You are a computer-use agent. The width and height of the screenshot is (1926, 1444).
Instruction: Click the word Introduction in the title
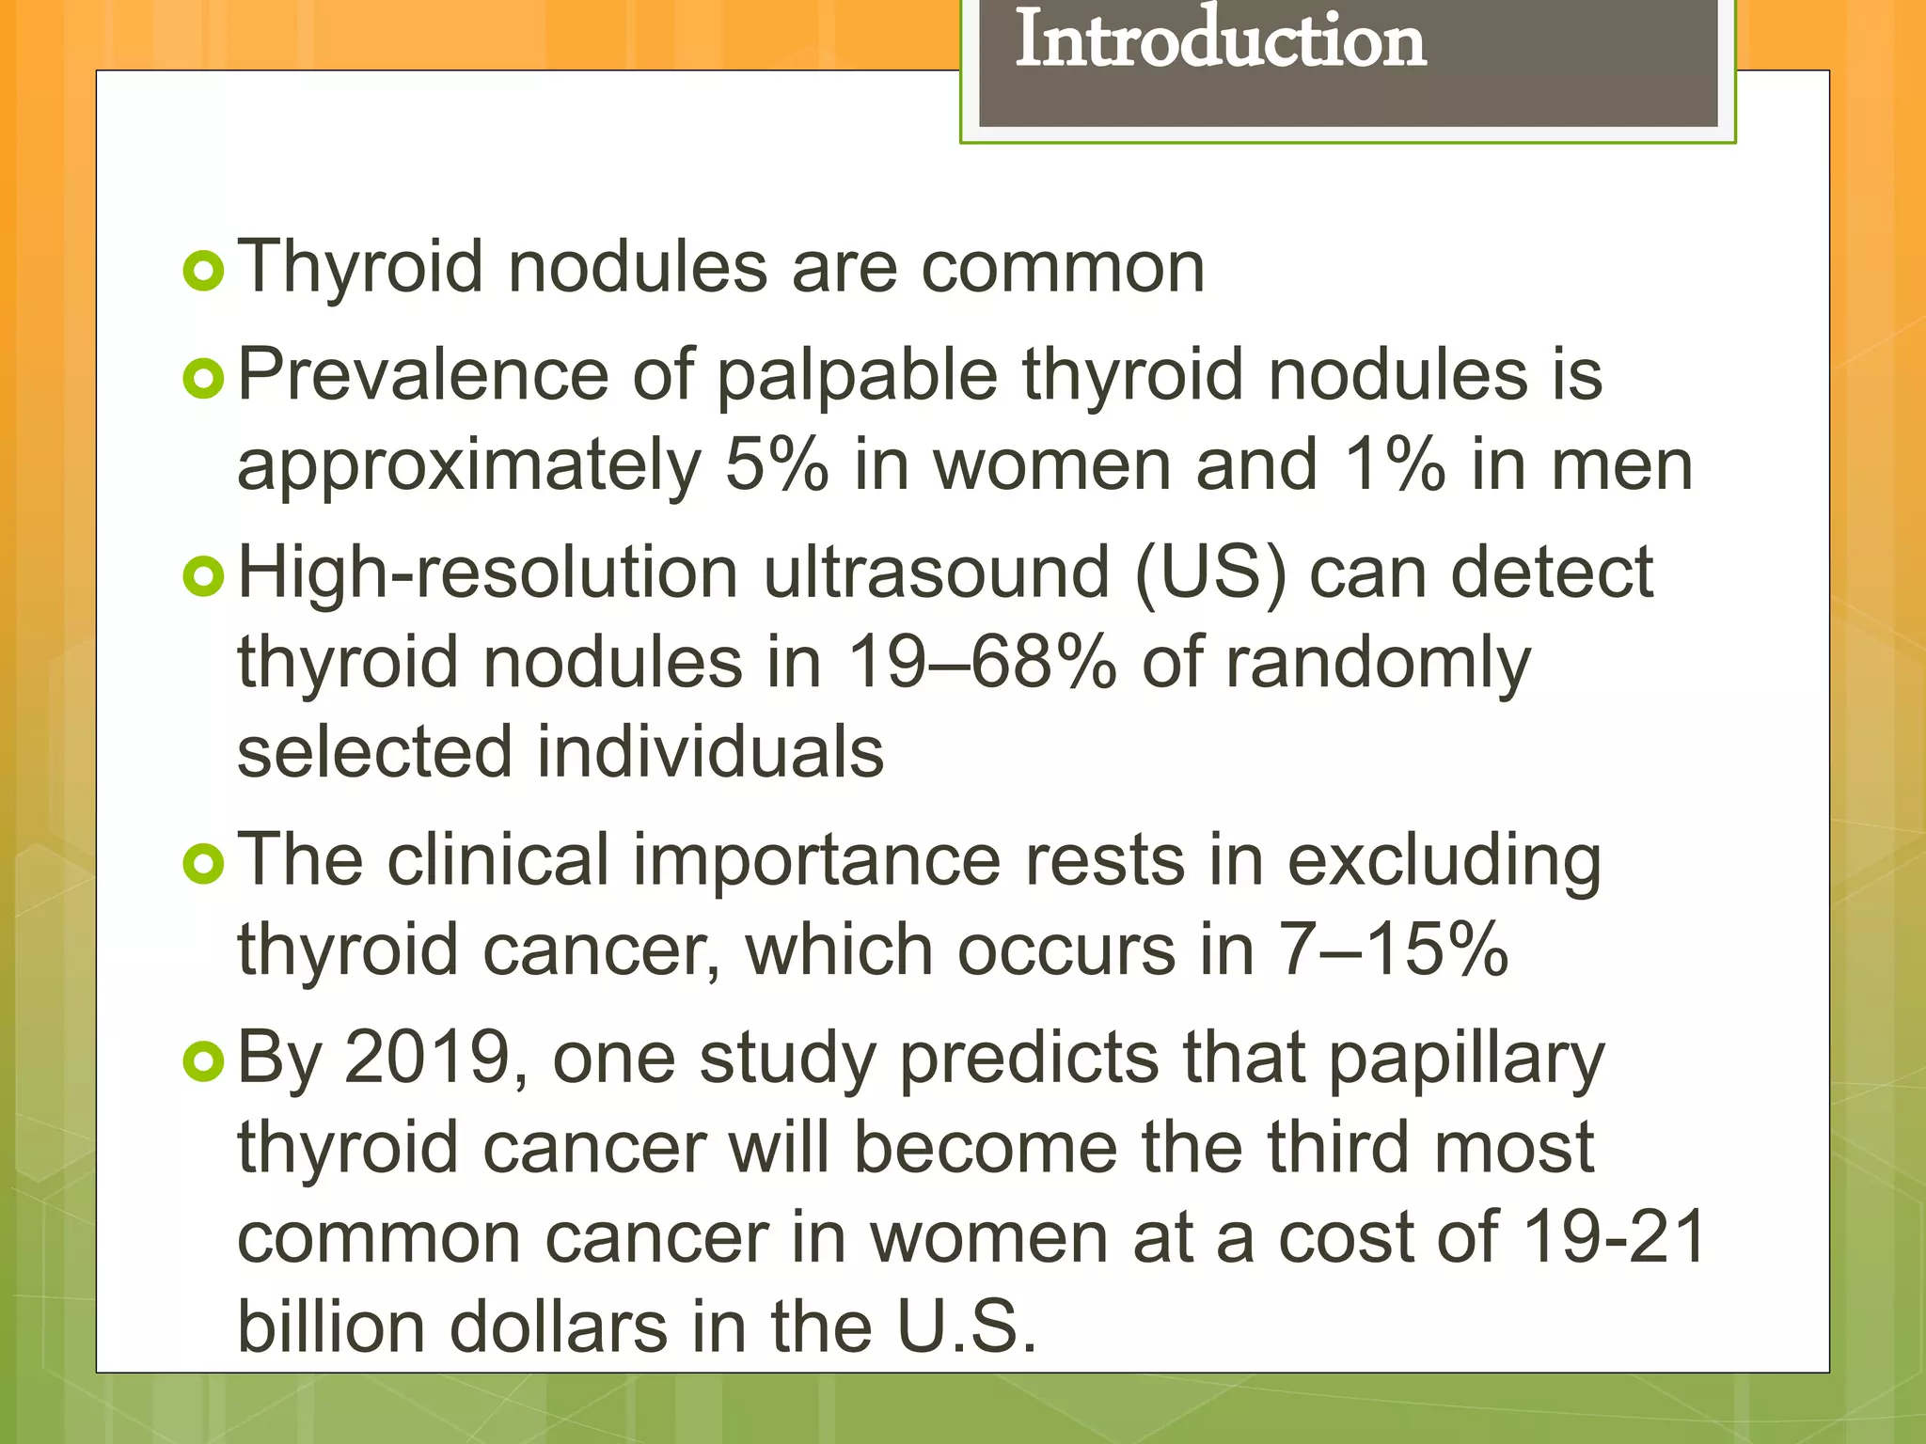point(1220,41)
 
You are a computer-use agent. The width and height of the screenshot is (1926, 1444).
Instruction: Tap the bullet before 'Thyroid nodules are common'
point(203,272)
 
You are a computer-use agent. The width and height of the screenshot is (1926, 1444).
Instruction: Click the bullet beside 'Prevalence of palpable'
point(203,379)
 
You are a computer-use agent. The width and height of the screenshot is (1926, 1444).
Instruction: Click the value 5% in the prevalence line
point(777,465)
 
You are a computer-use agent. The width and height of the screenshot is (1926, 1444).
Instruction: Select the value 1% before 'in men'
point(1395,465)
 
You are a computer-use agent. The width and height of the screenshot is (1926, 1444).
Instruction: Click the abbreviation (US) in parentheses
point(1209,573)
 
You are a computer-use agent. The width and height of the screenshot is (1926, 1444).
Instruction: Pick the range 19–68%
point(982,663)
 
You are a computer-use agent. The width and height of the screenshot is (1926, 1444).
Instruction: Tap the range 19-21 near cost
point(1614,1237)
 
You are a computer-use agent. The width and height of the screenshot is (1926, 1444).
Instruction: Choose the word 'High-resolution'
point(488,574)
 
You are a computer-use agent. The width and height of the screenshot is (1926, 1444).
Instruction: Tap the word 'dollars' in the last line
point(559,1326)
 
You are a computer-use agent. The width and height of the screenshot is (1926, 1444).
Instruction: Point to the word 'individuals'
point(710,752)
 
